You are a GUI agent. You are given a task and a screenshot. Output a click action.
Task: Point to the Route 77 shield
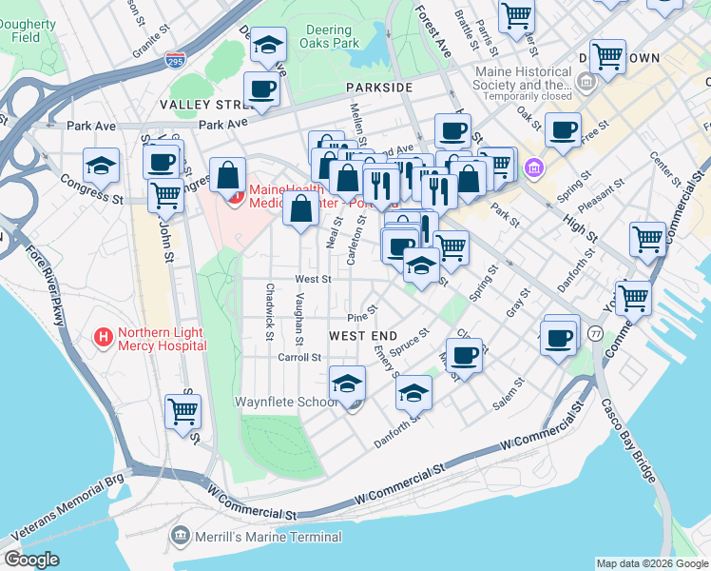(x=595, y=333)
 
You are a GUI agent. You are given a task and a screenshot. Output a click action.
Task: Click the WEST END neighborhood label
(x=362, y=336)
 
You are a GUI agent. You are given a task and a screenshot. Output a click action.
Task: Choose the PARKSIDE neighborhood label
(x=379, y=87)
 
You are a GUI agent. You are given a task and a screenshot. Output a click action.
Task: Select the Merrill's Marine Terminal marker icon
(x=181, y=537)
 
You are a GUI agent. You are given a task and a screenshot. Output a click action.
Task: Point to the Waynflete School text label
(x=286, y=402)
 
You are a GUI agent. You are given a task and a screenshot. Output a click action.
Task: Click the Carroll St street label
(x=299, y=358)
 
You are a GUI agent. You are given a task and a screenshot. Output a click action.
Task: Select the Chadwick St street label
(x=270, y=311)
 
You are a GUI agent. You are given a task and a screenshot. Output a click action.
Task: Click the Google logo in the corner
(x=31, y=560)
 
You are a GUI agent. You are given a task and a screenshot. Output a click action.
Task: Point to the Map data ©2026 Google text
(x=651, y=563)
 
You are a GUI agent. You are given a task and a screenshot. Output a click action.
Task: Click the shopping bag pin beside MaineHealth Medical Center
(x=228, y=176)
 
